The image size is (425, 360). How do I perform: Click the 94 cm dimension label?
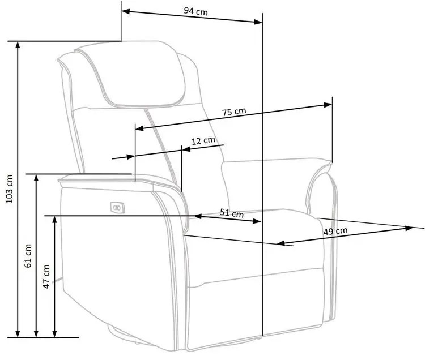[x=195, y=11]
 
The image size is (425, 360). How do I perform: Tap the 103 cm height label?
[x=9, y=189]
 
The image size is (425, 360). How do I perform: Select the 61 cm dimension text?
[x=28, y=256]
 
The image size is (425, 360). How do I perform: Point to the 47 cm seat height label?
[x=46, y=276]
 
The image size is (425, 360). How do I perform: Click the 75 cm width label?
[x=234, y=112]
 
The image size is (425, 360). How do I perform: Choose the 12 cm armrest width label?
[x=203, y=141]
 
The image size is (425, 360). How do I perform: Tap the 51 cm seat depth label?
[x=232, y=213]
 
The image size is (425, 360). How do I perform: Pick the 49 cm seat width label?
[x=335, y=231]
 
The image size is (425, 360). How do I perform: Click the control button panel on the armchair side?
[x=118, y=208]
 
